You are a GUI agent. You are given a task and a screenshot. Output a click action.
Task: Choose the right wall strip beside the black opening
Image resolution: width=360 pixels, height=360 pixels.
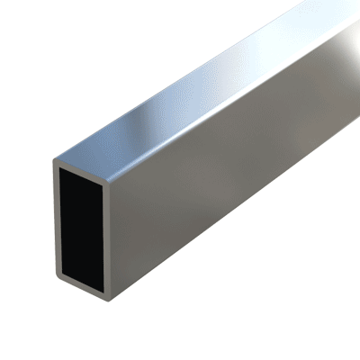[x=110, y=234]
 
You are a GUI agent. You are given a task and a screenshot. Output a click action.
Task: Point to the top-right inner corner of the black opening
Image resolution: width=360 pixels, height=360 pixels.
[x=105, y=178]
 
